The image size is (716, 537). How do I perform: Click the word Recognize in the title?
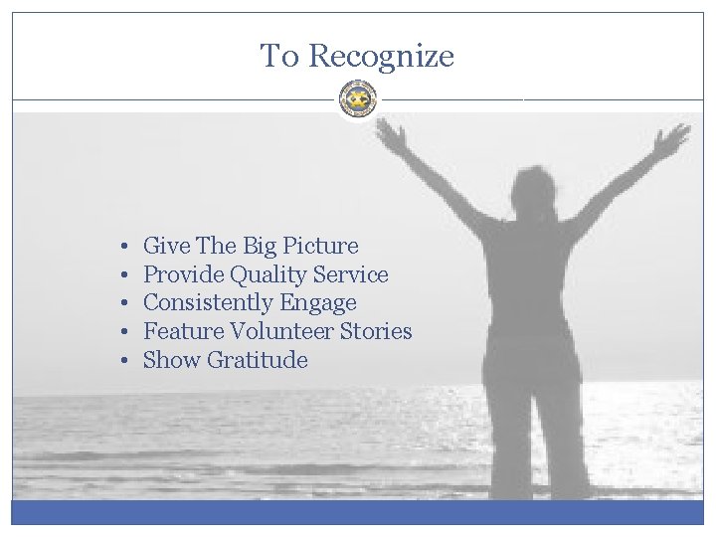click(381, 57)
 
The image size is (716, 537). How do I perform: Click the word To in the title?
click(279, 56)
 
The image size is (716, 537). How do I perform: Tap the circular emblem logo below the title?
click(358, 98)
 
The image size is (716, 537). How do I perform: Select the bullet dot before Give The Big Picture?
click(118, 246)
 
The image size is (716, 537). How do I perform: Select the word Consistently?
click(200, 303)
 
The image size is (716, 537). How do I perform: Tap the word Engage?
click(317, 303)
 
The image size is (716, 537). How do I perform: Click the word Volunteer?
click(278, 331)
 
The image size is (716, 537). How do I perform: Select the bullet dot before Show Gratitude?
click(118, 360)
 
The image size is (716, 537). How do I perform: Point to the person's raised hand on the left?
click(391, 134)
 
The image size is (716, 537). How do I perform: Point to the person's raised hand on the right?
click(671, 139)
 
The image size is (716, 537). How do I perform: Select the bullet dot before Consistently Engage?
click(118, 303)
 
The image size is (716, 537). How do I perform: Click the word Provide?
click(183, 274)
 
